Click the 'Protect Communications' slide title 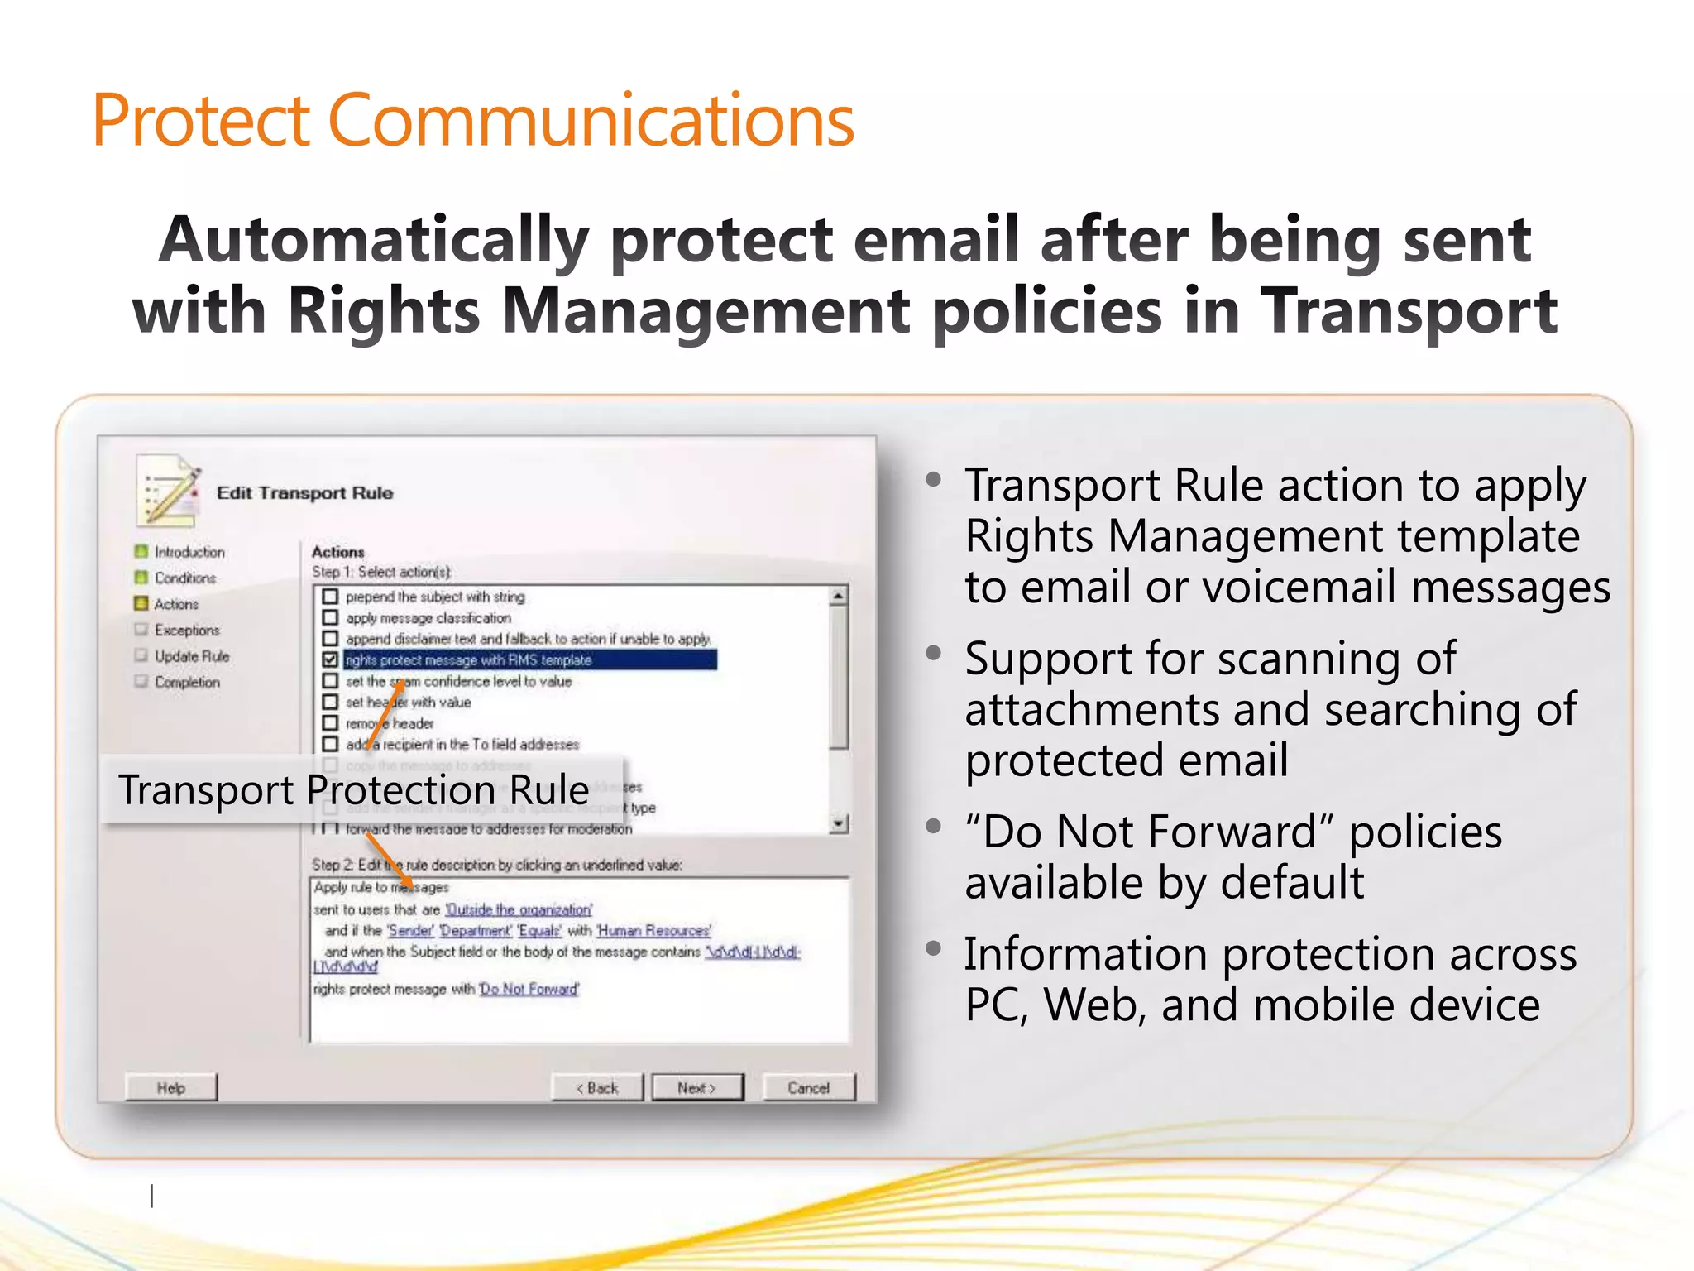(472, 121)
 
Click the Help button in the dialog (171, 1087)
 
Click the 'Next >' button (696, 1087)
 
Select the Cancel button (808, 1087)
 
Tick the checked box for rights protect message (330, 659)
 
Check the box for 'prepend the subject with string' (330, 596)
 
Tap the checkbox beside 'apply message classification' (330, 617)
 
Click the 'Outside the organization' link (519, 909)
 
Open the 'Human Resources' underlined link (653, 931)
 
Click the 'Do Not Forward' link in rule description (529, 989)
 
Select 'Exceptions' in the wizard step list (187, 630)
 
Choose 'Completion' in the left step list (187, 682)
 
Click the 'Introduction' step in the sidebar (189, 552)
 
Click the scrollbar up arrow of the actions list (839, 596)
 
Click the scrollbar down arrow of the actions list (839, 823)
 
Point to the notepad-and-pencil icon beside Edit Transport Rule (169, 491)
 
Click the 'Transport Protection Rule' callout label (354, 789)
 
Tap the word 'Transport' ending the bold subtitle (1409, 311)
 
